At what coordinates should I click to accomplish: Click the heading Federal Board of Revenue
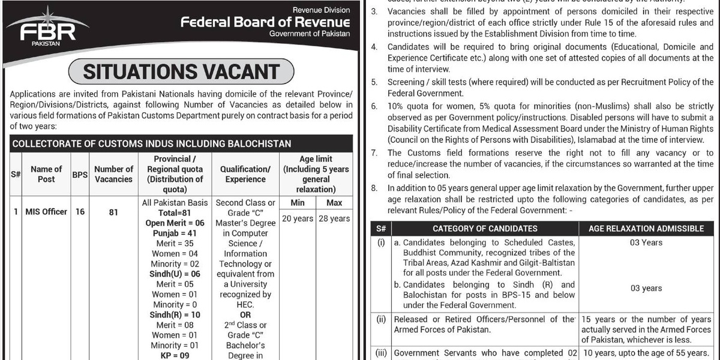pos(265,22)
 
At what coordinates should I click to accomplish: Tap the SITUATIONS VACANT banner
pos(181,72)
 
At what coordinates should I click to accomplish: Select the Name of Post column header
pos(46,174)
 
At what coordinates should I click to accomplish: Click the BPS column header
pos(80,175)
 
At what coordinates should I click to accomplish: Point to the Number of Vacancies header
pos(113,174)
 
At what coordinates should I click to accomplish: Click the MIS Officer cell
pos(46,212)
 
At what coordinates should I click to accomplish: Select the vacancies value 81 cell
pos(113,212)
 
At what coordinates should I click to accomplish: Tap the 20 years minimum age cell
pos(298,218)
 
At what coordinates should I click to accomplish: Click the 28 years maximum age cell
pos(334,218)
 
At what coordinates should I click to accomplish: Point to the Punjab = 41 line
pos(175,233)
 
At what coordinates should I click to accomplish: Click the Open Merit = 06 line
pos(175,223)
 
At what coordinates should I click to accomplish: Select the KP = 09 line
pos(175,355)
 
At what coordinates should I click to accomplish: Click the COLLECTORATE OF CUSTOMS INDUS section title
pos(152,143)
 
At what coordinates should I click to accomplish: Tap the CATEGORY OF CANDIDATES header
pos(476,229)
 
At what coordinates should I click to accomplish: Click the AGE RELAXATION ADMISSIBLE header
pos(646,229)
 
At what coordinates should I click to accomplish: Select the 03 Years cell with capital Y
pos(646,242)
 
